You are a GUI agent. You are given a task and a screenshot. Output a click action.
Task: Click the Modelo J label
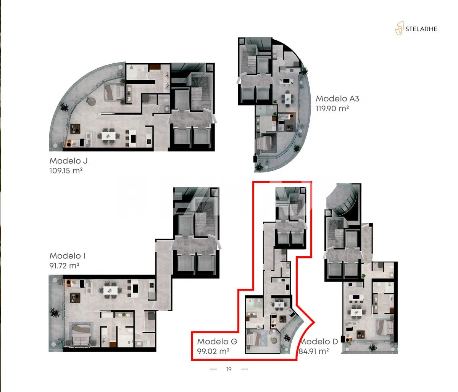[x=68, y=161]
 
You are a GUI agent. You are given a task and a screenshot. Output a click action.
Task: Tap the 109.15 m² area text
[x=66, y=170]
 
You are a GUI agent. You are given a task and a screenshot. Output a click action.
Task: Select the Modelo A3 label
[x=337, y=99]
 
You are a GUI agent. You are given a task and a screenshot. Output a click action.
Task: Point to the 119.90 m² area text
[x=332, y=108]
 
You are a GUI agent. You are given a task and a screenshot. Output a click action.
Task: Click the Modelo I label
[x=67, y=256]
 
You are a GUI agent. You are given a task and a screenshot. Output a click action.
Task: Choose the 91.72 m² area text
[x=64, y=265]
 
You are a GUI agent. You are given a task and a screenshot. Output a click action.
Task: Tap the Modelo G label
[x=217, y=342]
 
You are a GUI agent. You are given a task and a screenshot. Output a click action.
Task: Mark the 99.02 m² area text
[x=213, y=351]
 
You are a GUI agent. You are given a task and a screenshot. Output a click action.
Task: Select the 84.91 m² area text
[x=314, y=351]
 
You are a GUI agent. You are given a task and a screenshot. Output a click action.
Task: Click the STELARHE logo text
[x=421, y=29]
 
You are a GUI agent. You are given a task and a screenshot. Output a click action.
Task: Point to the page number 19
[x=229, y=369]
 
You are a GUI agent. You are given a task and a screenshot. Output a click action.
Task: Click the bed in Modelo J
[x=114, y=92]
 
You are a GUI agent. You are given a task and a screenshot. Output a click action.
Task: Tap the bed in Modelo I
[x=80, y=334]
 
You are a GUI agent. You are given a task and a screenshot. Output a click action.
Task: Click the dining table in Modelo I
[x=111, y=291]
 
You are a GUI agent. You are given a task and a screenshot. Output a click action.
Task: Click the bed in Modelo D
[x=384, y=327]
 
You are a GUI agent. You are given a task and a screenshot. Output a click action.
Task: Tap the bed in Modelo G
[x=255, y=339]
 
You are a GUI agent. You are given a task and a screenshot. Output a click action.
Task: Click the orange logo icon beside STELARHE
[x=399, y=28]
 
